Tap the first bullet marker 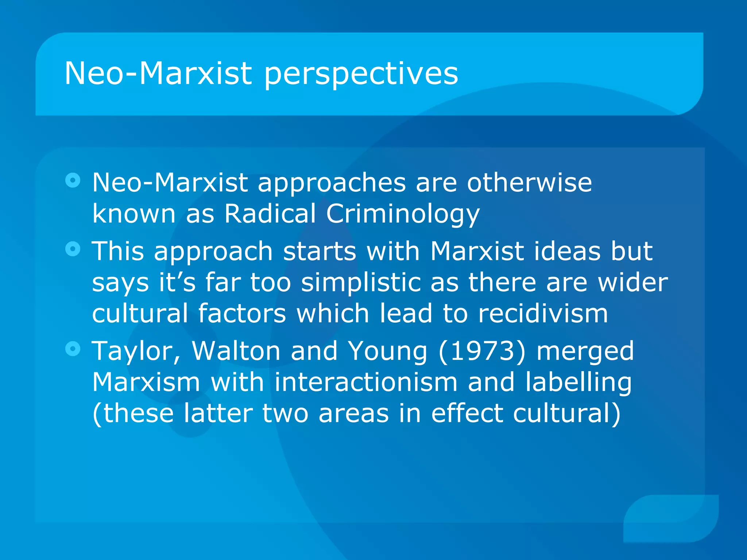point(73,180)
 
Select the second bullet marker point(73,249)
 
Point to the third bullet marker point(73,349)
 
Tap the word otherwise point(529,182)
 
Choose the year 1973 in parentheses point(482,351)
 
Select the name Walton point(236,351)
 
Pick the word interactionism point(366,382)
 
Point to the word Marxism point(146,382)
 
